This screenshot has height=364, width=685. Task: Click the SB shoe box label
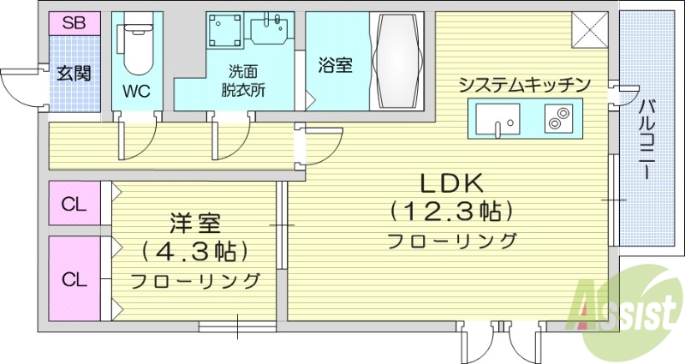pyautogui.click(x=74, y=23)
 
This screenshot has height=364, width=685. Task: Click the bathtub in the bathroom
pyautogui.click(x=397, y=60)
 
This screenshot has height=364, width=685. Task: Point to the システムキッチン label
pyautogui.click(x=524, y=84)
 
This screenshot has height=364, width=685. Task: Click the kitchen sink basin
pyautogui.click(x=495, y=119)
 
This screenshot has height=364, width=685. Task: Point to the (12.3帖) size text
pyautogui.click(x=451, y=210)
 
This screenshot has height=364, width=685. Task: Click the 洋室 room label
pyautogui.click(x=195, y=224)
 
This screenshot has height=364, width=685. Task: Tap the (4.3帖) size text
pyautogui.click(x=195, y=252)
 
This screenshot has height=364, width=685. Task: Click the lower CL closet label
pyautogui.click(x=74, y=278)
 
